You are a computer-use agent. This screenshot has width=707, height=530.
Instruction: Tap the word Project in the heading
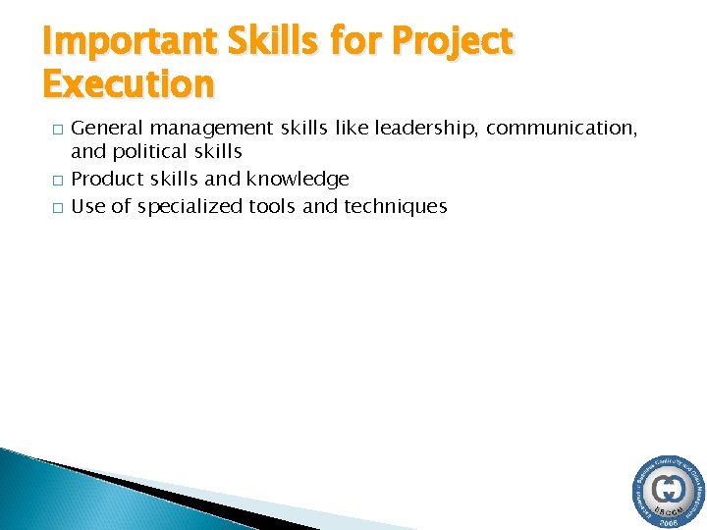(453, 42)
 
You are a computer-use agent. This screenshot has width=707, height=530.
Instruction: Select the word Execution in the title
(129, 84)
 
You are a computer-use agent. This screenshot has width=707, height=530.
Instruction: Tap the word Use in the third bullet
(88, 206)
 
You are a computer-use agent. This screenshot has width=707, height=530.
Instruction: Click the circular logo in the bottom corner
(667, 492)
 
